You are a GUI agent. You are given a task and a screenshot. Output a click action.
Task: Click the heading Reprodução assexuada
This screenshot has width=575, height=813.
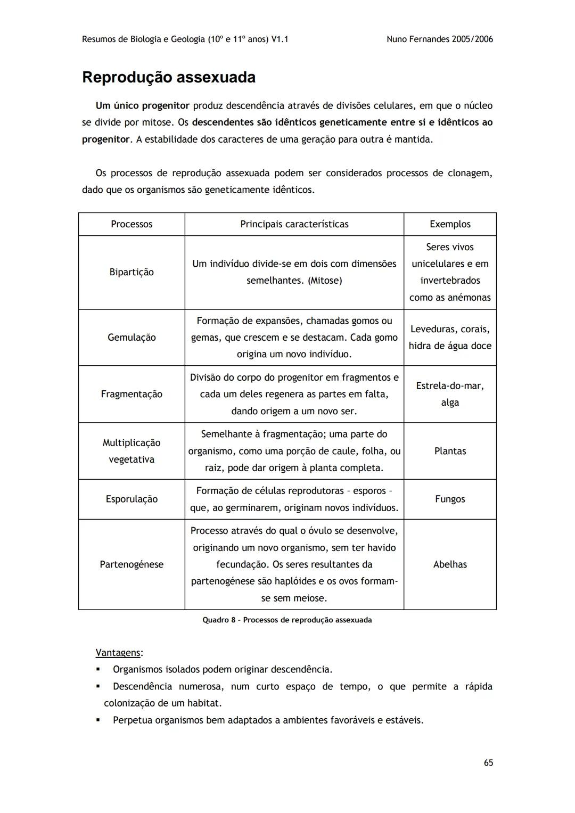[169, 78]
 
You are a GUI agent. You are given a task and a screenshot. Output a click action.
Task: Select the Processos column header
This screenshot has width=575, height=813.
[132, 224]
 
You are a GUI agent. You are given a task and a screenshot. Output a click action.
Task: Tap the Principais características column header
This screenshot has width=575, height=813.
[294, 224]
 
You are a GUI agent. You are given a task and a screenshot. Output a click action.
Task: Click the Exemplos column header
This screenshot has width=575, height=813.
[450, 224]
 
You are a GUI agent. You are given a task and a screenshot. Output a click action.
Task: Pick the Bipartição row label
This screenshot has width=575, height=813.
[132, 272]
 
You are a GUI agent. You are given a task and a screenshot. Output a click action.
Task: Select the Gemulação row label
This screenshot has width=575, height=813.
[132, 338]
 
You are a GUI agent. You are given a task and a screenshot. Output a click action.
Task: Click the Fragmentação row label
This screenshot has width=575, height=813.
[132, 394]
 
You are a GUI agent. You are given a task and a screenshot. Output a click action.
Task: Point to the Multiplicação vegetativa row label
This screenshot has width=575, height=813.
[132, 451]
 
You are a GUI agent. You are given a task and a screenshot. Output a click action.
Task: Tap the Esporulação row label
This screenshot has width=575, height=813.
[132, 499]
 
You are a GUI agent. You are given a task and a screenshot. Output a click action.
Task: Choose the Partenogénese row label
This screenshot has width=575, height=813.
[132, 564]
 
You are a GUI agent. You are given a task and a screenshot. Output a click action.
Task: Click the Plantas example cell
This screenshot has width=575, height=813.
[450, 451]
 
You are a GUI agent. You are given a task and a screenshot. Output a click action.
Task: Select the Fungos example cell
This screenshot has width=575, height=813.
[450, 499]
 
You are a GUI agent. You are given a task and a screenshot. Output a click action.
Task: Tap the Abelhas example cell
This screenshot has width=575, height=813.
[450, 564]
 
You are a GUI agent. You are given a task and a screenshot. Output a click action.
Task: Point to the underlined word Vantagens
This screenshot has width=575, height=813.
[118, 653]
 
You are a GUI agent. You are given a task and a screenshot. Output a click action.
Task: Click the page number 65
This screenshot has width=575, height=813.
[488, 763]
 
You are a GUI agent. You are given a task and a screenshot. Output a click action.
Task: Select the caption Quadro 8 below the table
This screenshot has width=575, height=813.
[287, 620]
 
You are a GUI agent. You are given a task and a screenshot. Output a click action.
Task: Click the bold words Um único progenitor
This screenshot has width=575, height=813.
[142, 106]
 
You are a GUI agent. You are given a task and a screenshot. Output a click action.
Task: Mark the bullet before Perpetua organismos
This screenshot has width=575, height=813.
[98, 720]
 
